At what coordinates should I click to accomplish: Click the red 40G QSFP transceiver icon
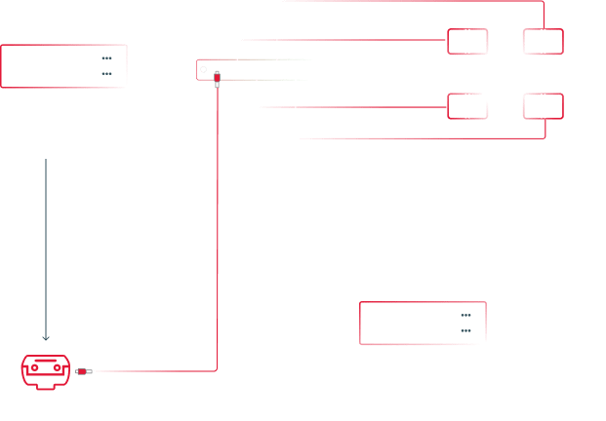(x=47, y=369)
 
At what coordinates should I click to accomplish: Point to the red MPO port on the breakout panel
(x=217, y=70)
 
